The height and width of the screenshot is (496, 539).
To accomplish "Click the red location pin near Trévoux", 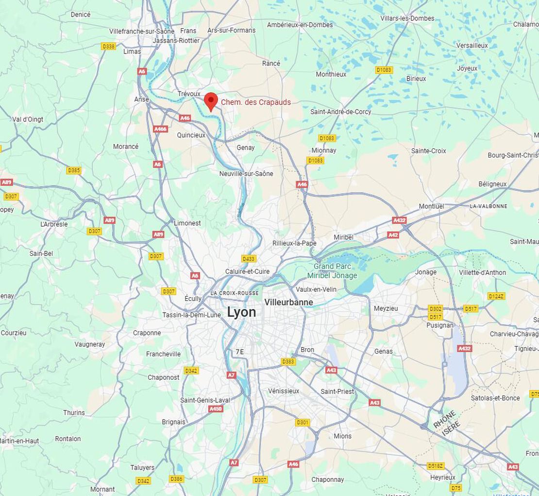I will (210, 101).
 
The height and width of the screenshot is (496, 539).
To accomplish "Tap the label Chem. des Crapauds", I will (256, 102).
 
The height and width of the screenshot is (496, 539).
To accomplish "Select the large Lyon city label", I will (241, 312).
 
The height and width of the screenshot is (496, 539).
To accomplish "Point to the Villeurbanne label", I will (288, 302).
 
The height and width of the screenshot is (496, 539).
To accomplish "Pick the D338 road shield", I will (108, 46).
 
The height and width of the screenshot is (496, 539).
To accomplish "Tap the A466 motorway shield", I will (160, 129).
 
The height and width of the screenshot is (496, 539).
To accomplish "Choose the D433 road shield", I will (249, 259).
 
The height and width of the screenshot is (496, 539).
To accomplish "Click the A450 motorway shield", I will (216, 409).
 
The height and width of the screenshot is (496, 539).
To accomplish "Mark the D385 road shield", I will (74, 170).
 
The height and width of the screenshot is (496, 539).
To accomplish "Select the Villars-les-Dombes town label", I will (407, 18).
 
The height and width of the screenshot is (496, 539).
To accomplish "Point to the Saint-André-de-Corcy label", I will (340, 112).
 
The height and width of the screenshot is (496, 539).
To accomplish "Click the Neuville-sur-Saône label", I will (246, 174).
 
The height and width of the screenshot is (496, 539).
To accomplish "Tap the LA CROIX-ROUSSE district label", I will (235, 293).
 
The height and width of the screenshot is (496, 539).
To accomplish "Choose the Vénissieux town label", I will (284, 391).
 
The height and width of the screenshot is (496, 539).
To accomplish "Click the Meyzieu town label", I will (386, 308).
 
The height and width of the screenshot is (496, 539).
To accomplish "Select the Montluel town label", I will (431, 206).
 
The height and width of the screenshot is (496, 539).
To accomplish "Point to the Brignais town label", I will (173, 422).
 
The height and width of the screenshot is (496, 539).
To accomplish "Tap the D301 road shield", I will (302, 423).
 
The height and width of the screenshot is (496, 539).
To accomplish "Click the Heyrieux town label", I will (442, 478).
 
